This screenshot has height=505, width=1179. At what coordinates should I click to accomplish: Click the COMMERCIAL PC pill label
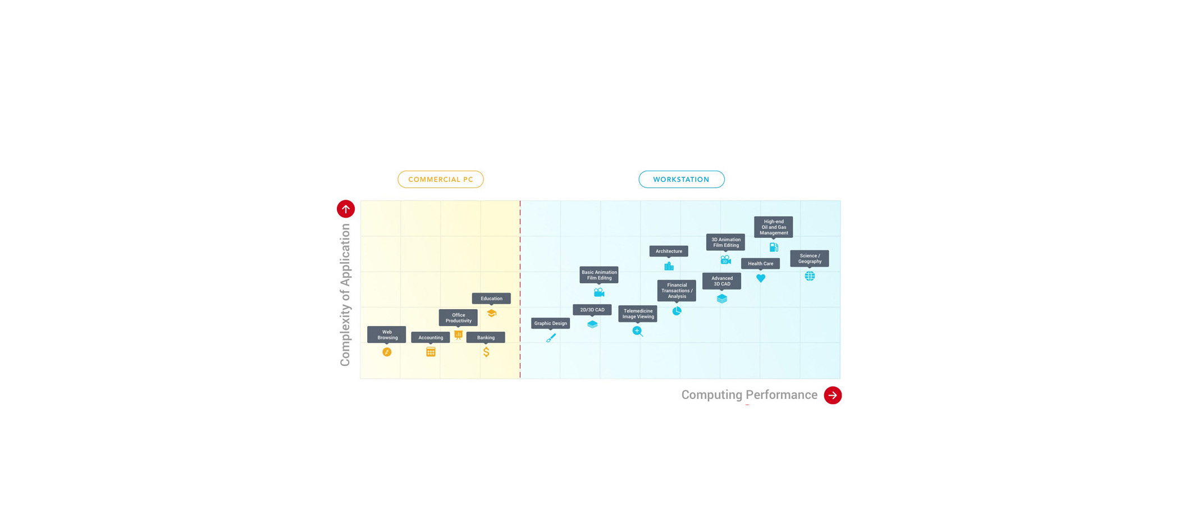pos(441,180)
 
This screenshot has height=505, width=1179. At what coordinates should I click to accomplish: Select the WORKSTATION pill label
pos(682,180)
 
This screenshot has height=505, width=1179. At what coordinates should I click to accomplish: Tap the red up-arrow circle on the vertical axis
pos(346,209)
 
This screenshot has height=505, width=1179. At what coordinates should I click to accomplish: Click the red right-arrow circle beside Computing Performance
pos(833,395)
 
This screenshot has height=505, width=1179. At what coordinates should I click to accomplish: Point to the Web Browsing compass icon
pos(387,352)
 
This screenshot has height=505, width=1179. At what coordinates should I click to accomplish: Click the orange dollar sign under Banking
pos(486,352)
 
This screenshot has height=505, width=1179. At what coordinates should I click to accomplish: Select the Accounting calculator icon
pos(431,352)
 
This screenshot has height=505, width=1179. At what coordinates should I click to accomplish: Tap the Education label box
pos(491,299)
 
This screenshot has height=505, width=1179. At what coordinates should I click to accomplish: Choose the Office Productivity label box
pos(458,318)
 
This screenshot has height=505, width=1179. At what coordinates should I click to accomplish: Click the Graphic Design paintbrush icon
pos(551,338)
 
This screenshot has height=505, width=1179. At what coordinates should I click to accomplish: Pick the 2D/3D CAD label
pos(592,310)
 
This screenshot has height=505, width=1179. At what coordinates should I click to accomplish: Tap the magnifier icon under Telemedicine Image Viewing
pos(638,332)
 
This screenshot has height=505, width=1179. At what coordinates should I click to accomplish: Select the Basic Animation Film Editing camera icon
pos(599,292)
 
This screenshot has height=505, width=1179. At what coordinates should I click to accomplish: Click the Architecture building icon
pos(669,266)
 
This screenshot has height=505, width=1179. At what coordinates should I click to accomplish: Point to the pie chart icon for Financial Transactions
pos(677,311)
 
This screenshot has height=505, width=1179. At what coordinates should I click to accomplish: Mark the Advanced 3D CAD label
pos(722,281)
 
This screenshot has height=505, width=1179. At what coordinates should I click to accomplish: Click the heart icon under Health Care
pos(761,278)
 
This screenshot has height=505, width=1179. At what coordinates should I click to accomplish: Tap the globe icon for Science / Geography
pos(810,276)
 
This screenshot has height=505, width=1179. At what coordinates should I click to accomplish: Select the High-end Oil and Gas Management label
pos(774,227)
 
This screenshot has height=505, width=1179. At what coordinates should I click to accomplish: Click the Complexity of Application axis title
pos(345,295)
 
